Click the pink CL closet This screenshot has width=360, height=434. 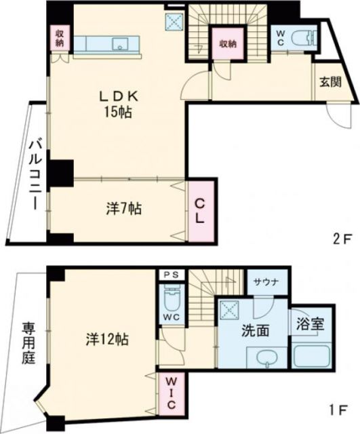(x=201, y=211)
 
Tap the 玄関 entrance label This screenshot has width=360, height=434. (x=331, y=84)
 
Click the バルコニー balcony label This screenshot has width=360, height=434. (x=32, y=176)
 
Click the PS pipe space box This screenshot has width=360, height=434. (x=169, y=275)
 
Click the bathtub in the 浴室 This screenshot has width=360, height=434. (x=311, y=357)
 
